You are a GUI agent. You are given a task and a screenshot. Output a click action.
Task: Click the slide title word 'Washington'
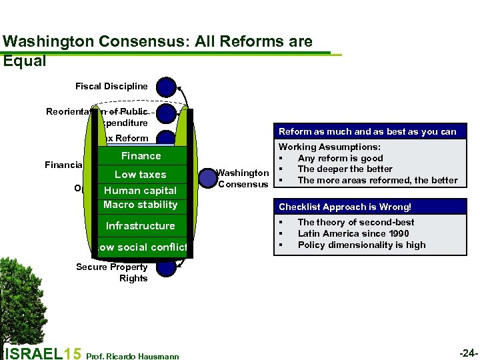(x=42, y=42)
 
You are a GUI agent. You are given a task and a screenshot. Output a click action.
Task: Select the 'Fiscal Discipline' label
(x=111, y=87)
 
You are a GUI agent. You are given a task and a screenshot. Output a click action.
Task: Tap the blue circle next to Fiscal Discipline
(x=166, y=87)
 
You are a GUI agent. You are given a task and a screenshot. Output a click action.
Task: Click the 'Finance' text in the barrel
(x=141, y=156)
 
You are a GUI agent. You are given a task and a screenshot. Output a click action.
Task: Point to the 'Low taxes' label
(x=140, y=175)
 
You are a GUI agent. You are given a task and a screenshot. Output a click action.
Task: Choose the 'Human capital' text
(x=140, y=190)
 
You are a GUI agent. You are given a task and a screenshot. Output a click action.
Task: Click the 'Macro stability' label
(x=140, y=205)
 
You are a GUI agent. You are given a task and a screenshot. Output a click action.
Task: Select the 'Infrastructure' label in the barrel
(x=140, y=226)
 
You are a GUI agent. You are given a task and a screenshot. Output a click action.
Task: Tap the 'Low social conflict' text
(x=141, y=247)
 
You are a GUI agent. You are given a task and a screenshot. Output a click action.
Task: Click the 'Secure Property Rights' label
(x=112, y=273)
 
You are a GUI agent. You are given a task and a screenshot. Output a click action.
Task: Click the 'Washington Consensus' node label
(x=243, y=179)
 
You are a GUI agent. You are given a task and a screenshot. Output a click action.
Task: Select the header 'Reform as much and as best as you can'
(x=367, y=132)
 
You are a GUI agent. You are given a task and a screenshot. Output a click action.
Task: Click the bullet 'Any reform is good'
(x=340, y=158)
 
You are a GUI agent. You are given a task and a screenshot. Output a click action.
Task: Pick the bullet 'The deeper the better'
(x=345, y=169)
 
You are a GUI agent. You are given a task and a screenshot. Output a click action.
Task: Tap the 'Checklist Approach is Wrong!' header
(x=345, y=207)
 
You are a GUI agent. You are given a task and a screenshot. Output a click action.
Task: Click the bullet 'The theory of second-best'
(x=355, y=222)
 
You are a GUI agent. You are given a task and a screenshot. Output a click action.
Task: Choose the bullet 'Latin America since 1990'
(x=353, y=233)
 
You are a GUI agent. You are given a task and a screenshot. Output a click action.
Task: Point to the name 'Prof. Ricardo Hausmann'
(x=133, y=356)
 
